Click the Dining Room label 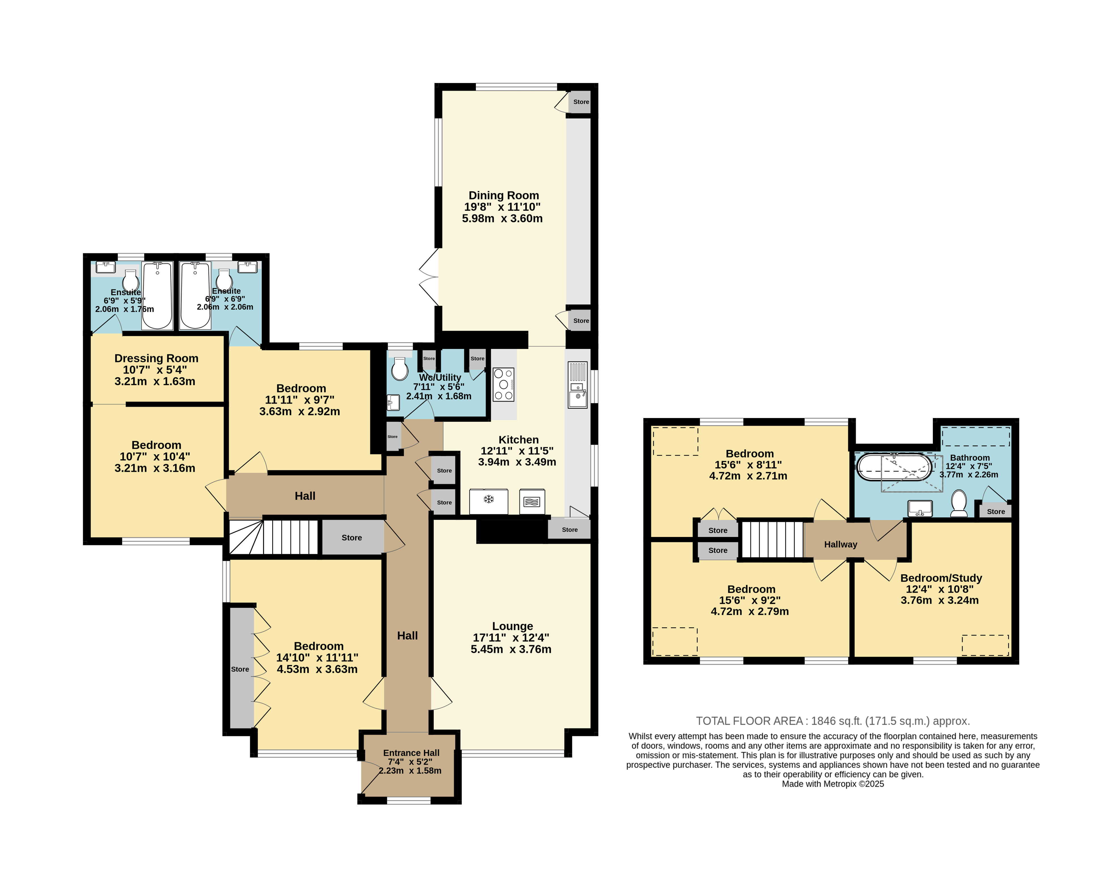(x=503, y=195)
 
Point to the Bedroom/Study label (x=941, y=578)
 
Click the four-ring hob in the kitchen (x=503, y=384)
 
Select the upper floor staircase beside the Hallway (x=772, y=539)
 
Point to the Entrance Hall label (x=411, y=753)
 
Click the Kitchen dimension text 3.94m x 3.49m (x=517, y=462)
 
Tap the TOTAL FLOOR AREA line (x=833, y=721)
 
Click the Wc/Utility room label (x=440, y=377)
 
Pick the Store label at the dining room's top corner (x=581, y=102)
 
